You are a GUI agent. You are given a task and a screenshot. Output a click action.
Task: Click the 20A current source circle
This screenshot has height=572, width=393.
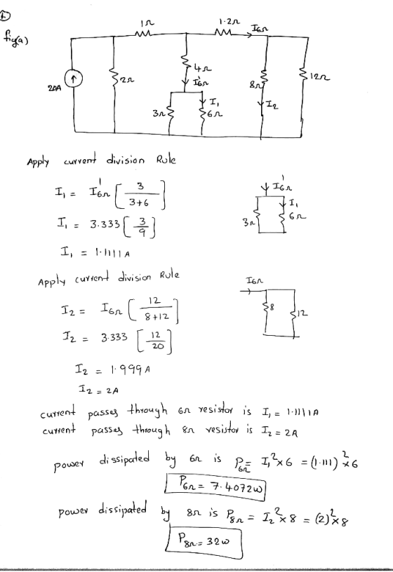click(x=74, y=78)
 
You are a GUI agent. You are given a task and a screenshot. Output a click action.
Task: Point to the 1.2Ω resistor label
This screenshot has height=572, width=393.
click(x=229, y=22)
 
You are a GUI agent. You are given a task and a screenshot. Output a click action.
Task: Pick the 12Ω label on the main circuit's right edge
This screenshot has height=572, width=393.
click(x=320, y=77)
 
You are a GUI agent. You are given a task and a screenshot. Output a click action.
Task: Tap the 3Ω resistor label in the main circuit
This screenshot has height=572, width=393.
click(x=159, y=114)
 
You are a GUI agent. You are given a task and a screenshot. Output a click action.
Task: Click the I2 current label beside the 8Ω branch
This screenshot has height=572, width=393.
click(x=271, y=106)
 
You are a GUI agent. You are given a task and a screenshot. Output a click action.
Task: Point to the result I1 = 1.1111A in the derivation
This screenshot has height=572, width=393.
click(x=95, y=252)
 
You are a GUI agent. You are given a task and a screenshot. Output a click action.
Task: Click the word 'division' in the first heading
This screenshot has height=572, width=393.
click(x=126, y=160)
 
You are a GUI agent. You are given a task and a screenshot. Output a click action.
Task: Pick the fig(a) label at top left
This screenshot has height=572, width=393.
click(x=16, y=38)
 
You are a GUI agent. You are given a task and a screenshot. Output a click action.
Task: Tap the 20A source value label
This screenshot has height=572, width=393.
click(x=53, y=88)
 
